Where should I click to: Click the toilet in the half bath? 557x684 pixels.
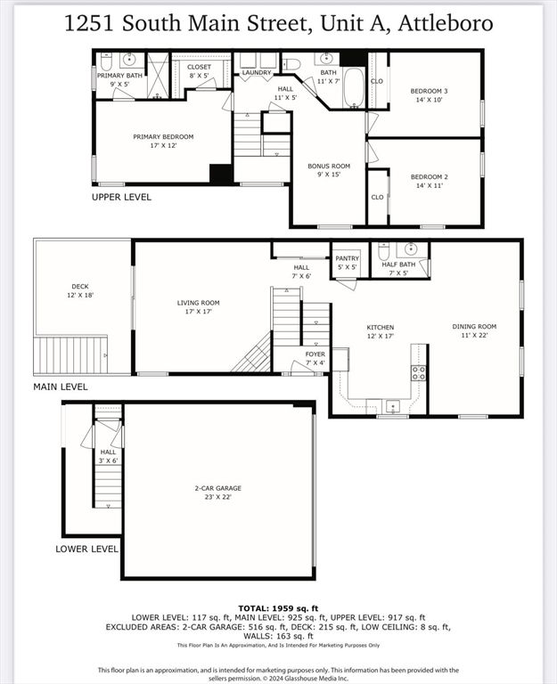click(383, 251)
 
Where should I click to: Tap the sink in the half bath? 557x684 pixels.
click(411, 249)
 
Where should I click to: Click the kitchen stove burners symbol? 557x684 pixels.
click(418, 372)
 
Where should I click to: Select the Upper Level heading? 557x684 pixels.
click(122, 197)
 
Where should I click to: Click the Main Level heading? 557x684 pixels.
click(61, 387)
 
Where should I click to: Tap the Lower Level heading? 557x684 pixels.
click(86, 549)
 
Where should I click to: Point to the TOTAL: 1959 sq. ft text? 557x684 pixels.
click(278, 607)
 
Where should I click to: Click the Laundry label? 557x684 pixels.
click(257, 72)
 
